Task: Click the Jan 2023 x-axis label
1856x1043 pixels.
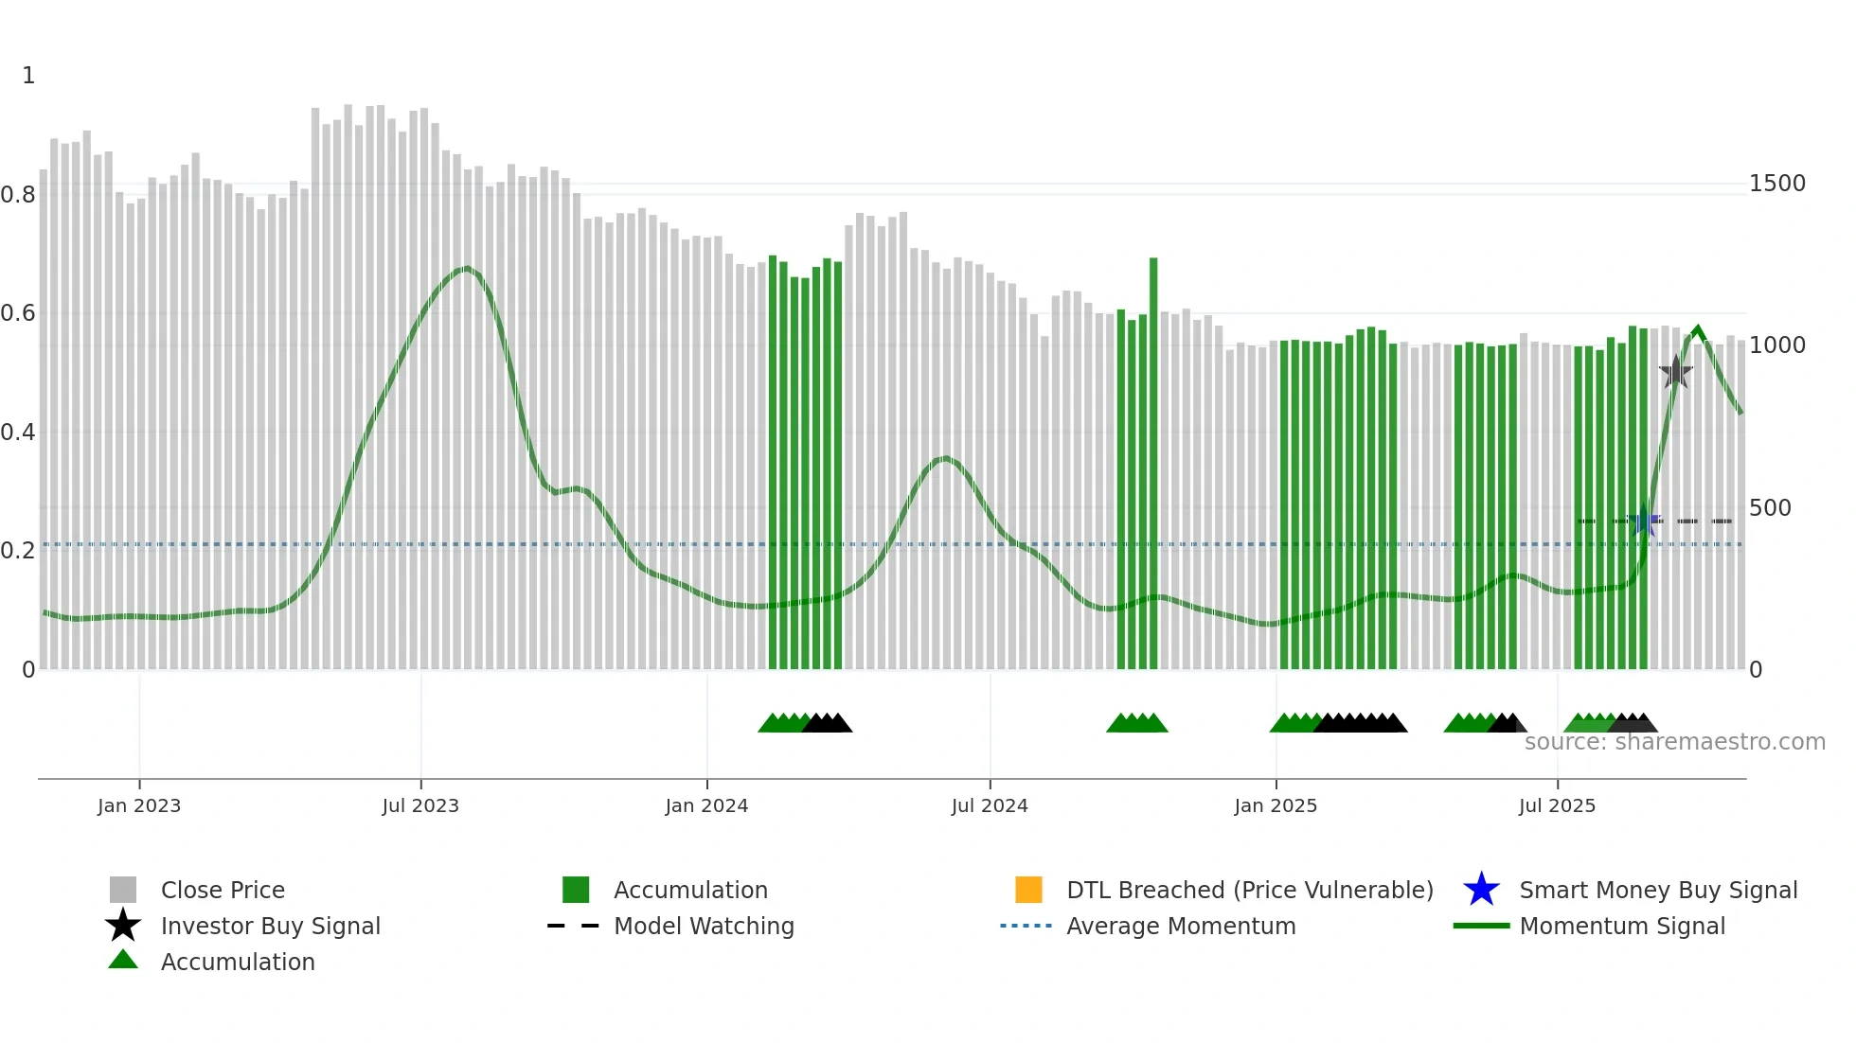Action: (138, 805)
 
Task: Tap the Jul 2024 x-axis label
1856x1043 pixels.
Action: (990, 805)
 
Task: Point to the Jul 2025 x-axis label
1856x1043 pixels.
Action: (1557, 805)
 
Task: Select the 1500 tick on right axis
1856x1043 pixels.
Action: (1776, 184)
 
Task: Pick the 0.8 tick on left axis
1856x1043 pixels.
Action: (19, 195)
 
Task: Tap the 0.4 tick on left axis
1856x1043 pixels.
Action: (19, 433)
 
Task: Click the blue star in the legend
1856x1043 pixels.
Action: (1481, 890)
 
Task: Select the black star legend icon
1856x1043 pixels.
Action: (123, 926)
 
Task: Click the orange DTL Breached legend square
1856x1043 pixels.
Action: (1028, 890)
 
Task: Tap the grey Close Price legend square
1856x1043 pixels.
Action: (123, 890)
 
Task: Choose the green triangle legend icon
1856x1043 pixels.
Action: (123, 960)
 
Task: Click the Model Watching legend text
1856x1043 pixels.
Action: (704, 926)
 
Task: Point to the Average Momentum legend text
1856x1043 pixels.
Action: (1181, 926)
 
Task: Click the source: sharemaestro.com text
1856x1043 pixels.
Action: (1674, 742)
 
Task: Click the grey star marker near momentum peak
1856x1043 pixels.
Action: (1676, 372)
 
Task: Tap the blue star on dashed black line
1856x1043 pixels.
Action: (1645, 521)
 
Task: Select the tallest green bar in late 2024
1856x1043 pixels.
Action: (1153, 464)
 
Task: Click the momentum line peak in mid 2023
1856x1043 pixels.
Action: (465, 269)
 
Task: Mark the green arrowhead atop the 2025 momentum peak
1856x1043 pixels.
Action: (1698, 332)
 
